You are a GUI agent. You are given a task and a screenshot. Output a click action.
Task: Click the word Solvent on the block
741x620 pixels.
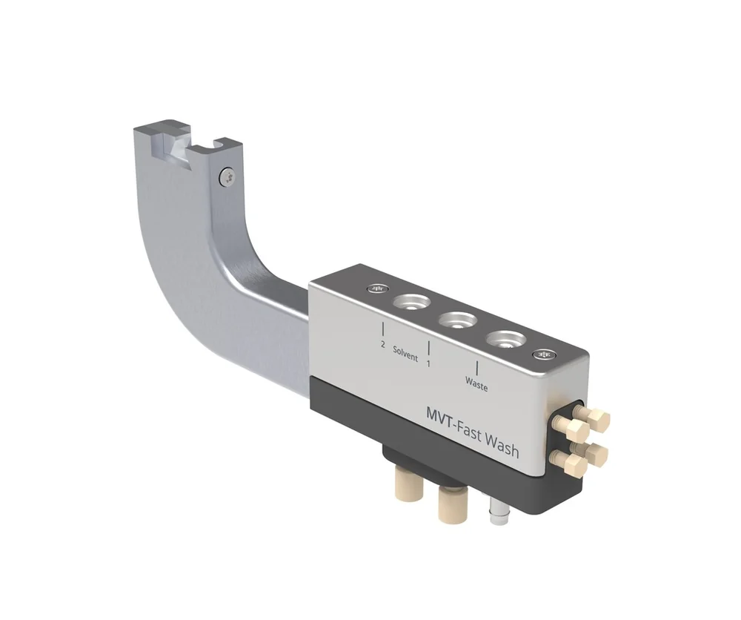405,353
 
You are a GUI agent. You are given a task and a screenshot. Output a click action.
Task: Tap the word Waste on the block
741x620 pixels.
476,384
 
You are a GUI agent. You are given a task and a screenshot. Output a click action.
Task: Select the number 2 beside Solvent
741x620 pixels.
383,345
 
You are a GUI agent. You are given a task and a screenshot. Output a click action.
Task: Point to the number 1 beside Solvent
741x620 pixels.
428,363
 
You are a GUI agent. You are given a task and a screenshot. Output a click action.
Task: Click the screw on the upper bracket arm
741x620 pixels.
227,179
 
